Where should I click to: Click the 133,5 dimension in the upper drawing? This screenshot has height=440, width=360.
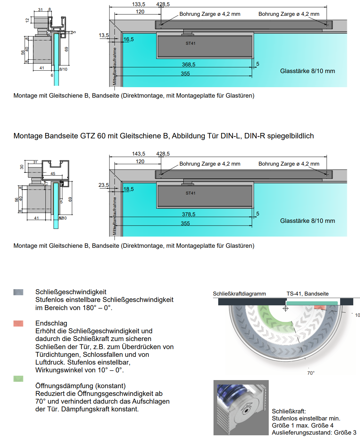point(138,4)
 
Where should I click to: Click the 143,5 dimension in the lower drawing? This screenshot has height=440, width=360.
point(138,154)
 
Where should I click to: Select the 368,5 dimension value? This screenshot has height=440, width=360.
point(189,64)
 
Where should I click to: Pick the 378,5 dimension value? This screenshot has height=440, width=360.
point(189,214)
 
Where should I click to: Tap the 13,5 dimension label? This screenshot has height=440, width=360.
point(104,35)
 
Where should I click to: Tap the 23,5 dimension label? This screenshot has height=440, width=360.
point(104,185)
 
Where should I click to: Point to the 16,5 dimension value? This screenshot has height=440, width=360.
point(129,39)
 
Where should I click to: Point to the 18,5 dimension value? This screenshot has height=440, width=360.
point(129,189)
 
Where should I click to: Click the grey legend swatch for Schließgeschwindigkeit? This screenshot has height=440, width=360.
point(19,292)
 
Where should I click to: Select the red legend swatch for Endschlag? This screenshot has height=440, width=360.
point(19,324)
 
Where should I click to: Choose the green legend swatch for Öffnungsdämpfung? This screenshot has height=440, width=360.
point(19,379)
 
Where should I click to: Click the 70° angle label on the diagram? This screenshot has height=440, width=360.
point(311,373)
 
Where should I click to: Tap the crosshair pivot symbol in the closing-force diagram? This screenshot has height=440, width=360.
point(286,309)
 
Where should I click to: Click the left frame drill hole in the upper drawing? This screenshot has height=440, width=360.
point(161,25)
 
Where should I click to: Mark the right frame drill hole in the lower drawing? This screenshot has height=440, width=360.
point(327,175)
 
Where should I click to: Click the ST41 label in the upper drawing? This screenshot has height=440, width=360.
point(191,43)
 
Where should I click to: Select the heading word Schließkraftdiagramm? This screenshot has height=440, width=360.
point(239,294)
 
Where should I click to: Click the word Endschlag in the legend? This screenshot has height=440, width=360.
point(51,323)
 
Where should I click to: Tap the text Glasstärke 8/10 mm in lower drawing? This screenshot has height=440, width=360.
point(307,221)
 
